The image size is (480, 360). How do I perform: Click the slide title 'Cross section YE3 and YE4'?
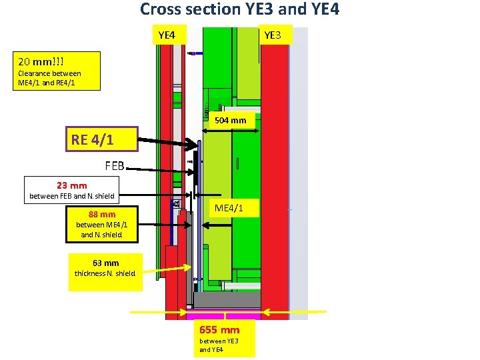[x=239, y=10]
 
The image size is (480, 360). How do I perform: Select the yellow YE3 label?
[x=273, y=34]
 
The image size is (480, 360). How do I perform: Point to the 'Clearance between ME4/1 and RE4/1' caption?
[x=49, y=78]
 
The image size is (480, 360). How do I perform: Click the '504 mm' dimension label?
[x=231, y=121]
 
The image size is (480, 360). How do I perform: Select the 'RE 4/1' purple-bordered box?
[x=92, y=141]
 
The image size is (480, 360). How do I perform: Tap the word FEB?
[x=114, y=166]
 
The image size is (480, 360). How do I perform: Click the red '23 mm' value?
[x=71, y=185]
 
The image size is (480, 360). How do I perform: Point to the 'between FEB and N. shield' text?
[x=71, y=196]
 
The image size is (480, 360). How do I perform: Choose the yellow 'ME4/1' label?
[x=228, y=209]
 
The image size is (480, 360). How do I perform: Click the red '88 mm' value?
[x=102, y=215]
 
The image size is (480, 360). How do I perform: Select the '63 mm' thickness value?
[x=106, y=263]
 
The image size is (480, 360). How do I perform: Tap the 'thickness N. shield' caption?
[x=105, y=273]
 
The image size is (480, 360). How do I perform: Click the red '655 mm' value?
[x=219, y=329]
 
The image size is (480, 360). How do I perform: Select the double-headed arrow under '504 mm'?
[x=231, y=131]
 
